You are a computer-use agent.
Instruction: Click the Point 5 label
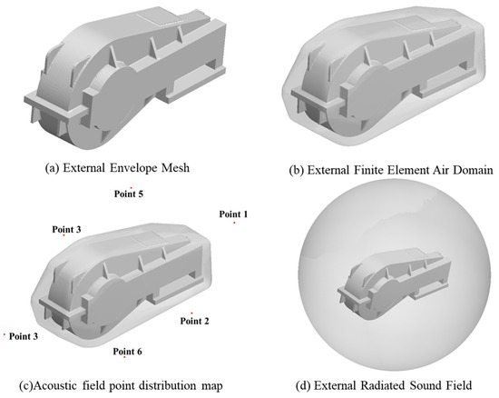click(x=129, y=194)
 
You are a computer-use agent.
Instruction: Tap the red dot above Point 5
click(x=132, y=188)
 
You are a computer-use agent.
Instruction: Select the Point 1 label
click(x=233, y=214)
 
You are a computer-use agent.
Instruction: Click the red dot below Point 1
click(x=234, y=223)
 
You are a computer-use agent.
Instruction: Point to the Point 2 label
click(x=194, y=321)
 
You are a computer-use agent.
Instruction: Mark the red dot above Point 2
click(x=191, y=313)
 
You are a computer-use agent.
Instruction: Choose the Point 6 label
click(x=127, y=352)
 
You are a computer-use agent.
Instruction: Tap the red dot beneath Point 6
click(x=124, y=357)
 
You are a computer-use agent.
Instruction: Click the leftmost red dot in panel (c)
click(x=5, y=334)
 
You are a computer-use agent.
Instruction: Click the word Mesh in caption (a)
click(x=175, y=167)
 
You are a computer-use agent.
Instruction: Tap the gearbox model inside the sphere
click(x=394, y=282)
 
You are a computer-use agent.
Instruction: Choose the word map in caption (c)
click(x=212, y=387)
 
